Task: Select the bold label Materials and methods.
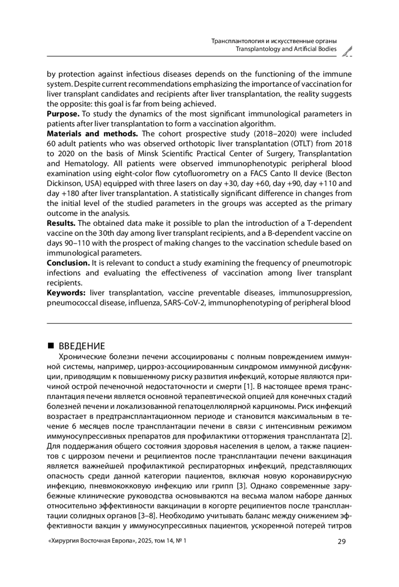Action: coord(92,134)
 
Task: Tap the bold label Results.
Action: coord(61,223)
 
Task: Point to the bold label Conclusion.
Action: coord(68,263)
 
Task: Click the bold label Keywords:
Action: coord(66,293)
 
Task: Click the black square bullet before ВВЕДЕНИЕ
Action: coord(51,346)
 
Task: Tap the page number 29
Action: coord(341,541)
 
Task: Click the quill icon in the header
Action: coord(347,51)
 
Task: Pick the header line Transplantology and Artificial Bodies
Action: coord(286,49)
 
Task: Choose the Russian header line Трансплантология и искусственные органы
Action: coord(274,41)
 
